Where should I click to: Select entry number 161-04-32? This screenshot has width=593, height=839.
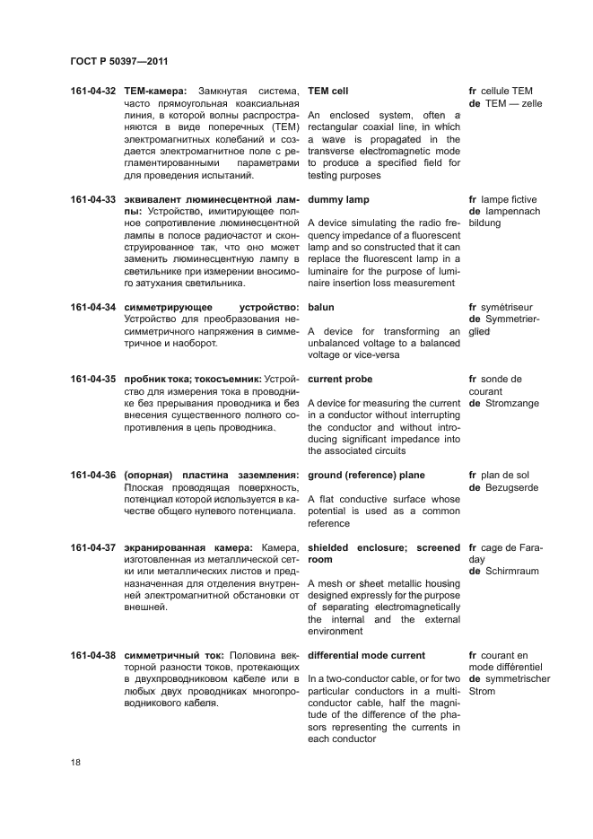pos(93,92)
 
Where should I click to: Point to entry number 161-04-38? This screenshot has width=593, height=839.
pos(93,655)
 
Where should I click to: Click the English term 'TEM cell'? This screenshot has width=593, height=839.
pos(327,92)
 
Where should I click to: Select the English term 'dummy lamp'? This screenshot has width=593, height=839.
pos(338,199)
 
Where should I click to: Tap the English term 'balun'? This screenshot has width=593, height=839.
pos(320,307)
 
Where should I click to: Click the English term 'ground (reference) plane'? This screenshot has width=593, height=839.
pos(366,475)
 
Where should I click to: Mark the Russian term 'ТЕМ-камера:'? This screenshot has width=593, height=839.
pos(155,92)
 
